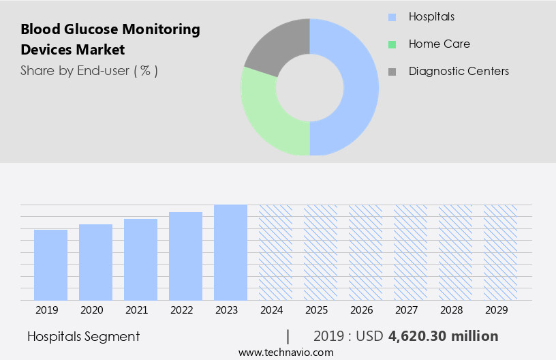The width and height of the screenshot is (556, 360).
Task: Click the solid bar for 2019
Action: pyautogui.click(x=50, y=265)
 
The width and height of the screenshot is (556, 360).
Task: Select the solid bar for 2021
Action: pyautogui.click(x=140, y=259)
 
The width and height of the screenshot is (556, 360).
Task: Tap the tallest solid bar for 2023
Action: pyautogui.click(x=230, y=252)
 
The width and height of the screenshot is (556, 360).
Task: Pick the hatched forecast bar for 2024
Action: pyautogui.click(x=275, y=252)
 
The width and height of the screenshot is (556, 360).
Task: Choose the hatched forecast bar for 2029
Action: pyautogui.click(x=500, y=252)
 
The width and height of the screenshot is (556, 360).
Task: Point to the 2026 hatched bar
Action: pyautogui.click(x=365, y=252)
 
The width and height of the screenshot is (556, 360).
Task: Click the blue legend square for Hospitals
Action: pyautogui.click(x=392, y=17)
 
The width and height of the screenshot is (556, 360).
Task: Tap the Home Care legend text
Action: pyautogui.click(x=439, y=44)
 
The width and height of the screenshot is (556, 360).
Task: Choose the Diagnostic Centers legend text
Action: pyautogui.click(x=458, y=71)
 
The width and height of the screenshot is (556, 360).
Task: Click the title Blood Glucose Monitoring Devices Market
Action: pyautogui.click(x=110, y=40)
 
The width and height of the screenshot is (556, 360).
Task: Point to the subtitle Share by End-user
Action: pyautogui.click(x=89, y=70)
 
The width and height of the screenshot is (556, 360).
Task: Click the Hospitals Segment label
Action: pyautogui.click(x=83, y=336)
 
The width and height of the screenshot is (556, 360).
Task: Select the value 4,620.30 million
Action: pyautogui.click(x=443, y=336)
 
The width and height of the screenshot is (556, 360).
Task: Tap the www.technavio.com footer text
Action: pyautogui.click(x=285, y=352)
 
